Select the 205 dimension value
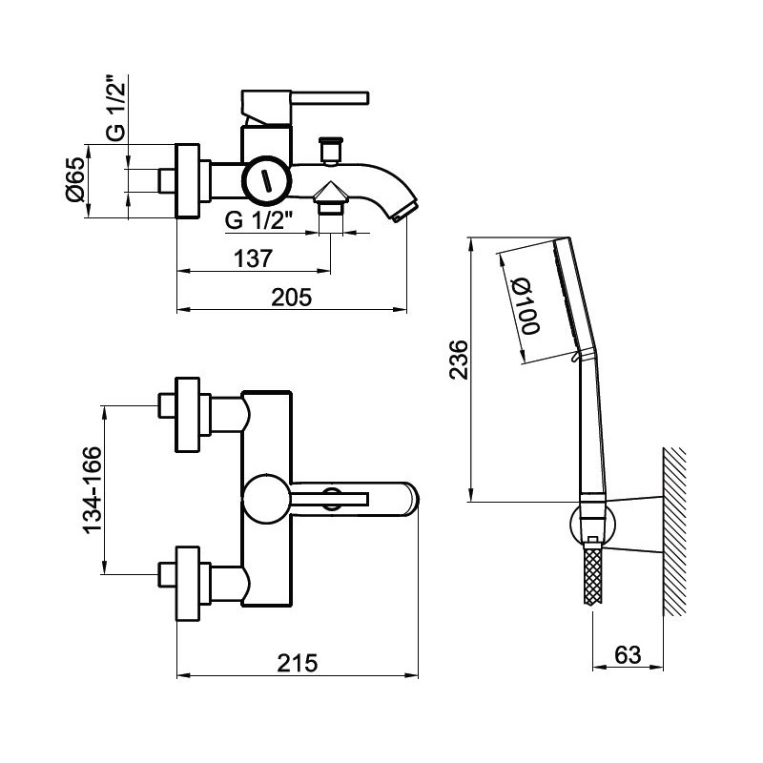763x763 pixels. [292, 297]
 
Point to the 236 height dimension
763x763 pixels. [459, 360]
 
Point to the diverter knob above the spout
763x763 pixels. [331, 150]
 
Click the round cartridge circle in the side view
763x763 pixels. [266, 179]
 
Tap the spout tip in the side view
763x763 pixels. [404, 210]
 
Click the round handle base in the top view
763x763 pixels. [264, 499]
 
